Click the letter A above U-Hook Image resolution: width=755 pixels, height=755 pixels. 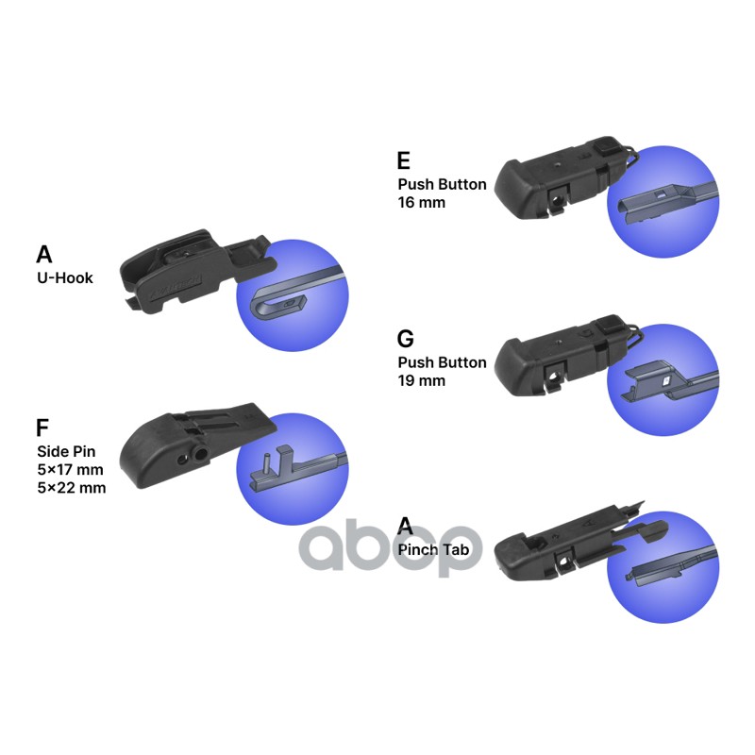pyautogui.click(x=44, y=255)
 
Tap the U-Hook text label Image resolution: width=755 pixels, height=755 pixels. pyautogui.click(x=64, y=278)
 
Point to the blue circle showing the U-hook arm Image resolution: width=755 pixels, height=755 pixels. pyautogui.click(x=292, y=297)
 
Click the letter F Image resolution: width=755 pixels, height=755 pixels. pyautogui.click(x=42, y=428)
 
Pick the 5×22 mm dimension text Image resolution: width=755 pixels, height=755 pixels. pyautogui.click(x=71, y=488)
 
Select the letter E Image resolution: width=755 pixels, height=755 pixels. pyautogui.click(x=404, y=160)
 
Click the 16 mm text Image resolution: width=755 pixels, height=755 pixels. pyautogui.click(x=421, y=202)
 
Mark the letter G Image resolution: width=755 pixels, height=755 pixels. pyautogui.click(x=406, y=339)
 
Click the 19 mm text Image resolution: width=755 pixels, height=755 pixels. pyautogui.click(x=421, y=380)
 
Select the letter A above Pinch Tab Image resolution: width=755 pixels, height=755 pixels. pyautogui.click(x=405, y=526)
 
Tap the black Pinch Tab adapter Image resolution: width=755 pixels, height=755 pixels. pyautogui.click(x=566, y=547)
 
